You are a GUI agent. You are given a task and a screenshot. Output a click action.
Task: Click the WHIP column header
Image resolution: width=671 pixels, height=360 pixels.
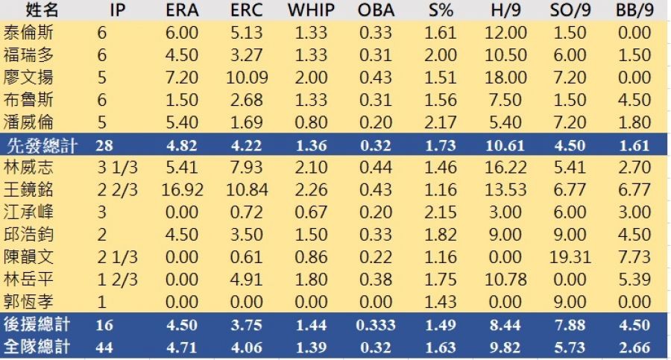pos(311,11)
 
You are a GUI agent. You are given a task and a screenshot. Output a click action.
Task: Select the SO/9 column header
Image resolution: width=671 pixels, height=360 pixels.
pos(569,11)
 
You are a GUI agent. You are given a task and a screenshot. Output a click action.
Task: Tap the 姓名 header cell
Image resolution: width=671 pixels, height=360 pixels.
pos(32,11)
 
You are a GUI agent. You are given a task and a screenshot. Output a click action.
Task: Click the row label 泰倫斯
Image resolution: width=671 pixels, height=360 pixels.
pos(28,34)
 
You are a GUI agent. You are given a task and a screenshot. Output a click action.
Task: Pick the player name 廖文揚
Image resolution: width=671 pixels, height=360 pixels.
pos(28,78)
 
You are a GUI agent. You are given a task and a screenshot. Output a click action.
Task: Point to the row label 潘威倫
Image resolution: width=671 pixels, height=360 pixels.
pos(28,122)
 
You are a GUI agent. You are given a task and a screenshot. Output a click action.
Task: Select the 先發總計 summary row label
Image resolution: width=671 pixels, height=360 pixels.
pos(42,145)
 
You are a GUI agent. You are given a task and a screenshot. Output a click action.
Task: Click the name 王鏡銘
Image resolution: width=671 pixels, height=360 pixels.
pos(28,190)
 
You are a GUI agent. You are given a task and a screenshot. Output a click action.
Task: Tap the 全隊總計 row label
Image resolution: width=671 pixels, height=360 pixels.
pos(37,347)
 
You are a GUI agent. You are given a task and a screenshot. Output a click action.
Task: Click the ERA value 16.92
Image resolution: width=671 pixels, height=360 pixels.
pos(182,190)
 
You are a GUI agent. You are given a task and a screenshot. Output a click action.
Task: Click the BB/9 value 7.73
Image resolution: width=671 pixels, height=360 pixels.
pos(635,257)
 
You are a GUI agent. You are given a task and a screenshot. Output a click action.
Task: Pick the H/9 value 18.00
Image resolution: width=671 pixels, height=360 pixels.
pos(505,78)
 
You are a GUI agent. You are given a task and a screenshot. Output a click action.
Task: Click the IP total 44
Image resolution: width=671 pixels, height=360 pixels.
pos(105,347)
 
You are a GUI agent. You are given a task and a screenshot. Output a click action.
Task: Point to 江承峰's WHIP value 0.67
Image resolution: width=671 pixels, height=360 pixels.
pos(311,212)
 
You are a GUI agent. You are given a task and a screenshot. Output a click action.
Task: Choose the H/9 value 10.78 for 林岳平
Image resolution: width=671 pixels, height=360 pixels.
pos(505,280)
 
